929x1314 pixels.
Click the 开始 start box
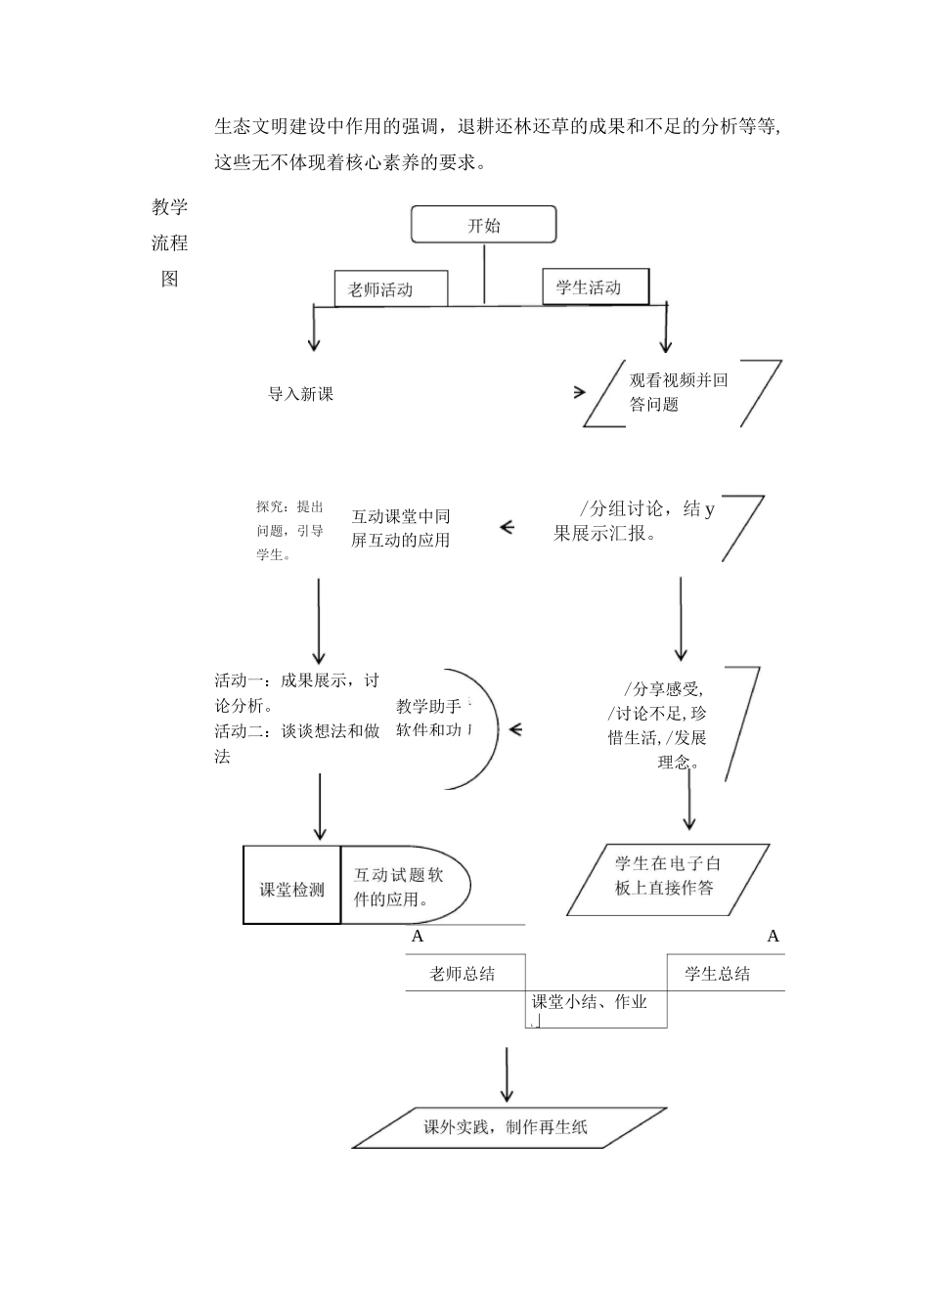point(483,225)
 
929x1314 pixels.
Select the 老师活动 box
point(390,289)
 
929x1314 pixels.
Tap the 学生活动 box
point(595,286)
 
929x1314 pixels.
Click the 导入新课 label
point(301,394)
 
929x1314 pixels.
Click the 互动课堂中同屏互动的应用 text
point(401,528)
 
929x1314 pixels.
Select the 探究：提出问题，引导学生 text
point(289,531)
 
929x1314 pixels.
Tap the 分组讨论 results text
point(634,521)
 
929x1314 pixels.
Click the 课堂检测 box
point(291,886)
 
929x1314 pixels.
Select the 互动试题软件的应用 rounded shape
point(403,887)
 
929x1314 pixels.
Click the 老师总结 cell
point(464,974)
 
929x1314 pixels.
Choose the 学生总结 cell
point(719,974)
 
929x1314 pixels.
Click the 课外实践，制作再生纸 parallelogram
point(507,1127)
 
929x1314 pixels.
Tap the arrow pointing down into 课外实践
point(507,1075)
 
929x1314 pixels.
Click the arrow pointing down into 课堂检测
point(320,808)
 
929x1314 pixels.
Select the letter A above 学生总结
point(773,937)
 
